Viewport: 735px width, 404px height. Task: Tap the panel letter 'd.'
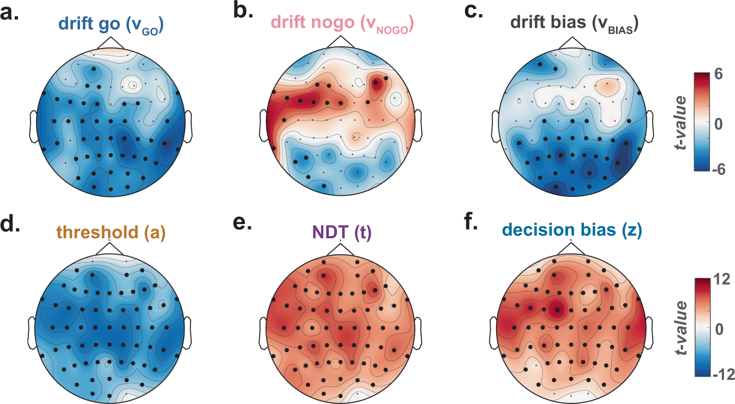12,225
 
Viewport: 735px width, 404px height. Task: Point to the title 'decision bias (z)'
571,232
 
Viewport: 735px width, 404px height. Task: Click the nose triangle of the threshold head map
110,249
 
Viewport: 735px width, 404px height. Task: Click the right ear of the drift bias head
650,126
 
